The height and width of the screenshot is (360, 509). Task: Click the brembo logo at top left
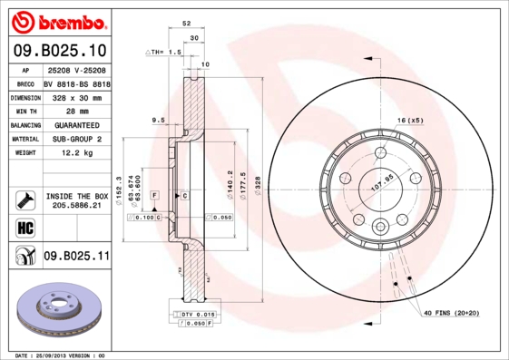tap(58, 20)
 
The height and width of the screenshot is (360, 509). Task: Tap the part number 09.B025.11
tap(75, 256)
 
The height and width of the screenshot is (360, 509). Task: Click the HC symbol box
tap(25, 226)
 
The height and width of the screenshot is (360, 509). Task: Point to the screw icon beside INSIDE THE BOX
tap(25, 199)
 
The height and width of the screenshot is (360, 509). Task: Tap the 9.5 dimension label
tap(157, 120)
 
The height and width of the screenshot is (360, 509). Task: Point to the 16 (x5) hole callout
tap(410, 121)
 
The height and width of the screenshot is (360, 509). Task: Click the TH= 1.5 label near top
tap(166, 54)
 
